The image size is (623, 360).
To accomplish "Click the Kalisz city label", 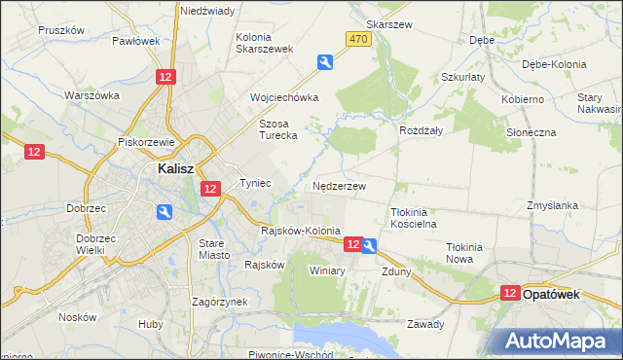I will [177, 167].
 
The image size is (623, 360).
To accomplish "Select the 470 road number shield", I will [358, 38].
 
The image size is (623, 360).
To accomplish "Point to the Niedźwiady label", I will [206, 11].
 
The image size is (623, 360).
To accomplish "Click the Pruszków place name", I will [62, 30].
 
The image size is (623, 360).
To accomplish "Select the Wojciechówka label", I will [284, 98].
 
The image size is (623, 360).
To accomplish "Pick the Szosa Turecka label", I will [283, 130].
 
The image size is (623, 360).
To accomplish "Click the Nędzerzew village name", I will [340, 186].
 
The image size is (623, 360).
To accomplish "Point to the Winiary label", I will [327, 270].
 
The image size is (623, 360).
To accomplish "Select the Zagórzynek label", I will [220, 302].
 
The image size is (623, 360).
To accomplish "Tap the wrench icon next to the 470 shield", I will [325, 62].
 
